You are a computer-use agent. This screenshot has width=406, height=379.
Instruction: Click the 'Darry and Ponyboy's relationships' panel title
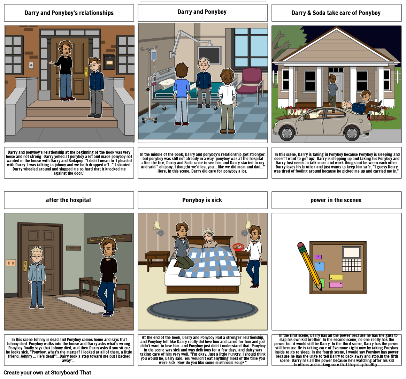pyautogui.click(x=69, y=13)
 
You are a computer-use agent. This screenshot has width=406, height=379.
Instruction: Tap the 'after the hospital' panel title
pyautogui.click(x=68, y=200)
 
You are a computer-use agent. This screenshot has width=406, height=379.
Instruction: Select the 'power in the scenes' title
pyautogui.click(x=336, y=200)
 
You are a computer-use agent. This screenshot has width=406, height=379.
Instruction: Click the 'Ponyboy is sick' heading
pyautogui.click(x=202, y=200)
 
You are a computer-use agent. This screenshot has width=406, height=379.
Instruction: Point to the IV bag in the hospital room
pyautogui.click(x=154, y=55)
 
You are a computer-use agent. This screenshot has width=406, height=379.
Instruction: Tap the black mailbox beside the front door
pyautogui.click(x=109, y=62)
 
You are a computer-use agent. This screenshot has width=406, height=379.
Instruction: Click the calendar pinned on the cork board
pyautogui.click(x=351, y=259)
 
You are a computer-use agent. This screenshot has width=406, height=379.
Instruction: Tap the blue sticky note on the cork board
pyautogui.click(x=319, y=266)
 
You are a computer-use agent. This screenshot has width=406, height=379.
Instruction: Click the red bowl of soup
pyautogui.click(x=238, y=247)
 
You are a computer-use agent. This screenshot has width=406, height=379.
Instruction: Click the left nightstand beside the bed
pyautogui.click(x=157, y=261)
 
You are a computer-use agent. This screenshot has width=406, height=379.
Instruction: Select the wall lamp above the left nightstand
pyautogui.click(x=159, y=228)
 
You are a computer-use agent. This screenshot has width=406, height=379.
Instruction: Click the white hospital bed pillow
pyautogui.click(x=167, y=83)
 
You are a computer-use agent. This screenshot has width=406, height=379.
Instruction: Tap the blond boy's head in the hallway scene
pyautogui.click(x=37, y=254)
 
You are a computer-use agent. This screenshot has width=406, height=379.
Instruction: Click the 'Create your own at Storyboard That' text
pyautogui.click(x=47, y=372)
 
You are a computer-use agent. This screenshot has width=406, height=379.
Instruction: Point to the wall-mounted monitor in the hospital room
pyautogui.click(x=209, y=55)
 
